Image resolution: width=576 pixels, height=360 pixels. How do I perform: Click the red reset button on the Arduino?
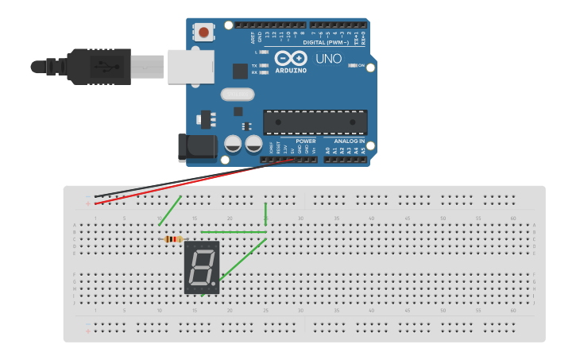click(x=204, y=33)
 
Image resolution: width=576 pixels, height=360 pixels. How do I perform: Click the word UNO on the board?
click(x=328, y=59)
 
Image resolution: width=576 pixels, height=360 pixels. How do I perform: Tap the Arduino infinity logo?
click(x=291, y=58)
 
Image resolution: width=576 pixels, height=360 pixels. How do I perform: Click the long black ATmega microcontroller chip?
click(x=315, y=122)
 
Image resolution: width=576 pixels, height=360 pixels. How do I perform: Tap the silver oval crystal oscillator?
click(x=238, y=95)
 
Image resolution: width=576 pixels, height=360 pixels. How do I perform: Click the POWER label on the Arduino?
click(x=305, y=141)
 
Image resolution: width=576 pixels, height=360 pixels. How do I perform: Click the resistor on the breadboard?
click(x=172, y=239)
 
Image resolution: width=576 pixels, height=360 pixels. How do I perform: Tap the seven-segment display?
click(x=202, y=268)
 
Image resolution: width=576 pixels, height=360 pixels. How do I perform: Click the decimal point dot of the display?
click(x=214, y=284)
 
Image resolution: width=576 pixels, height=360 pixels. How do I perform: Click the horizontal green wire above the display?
click(x=234, y=232)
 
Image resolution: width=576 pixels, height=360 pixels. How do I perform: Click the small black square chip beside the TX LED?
click(x=240, y=71)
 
